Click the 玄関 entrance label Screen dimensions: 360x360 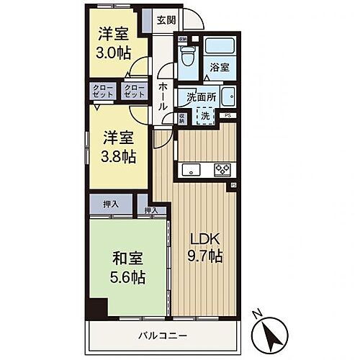tap(166, 20)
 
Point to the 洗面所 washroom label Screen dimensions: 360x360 tap(202, 97)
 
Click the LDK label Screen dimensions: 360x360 tap(202, 238)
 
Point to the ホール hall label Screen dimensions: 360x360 tap(163, 94)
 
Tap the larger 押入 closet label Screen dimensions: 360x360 tap(104, 205)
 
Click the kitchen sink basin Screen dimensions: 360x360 tap(192, 171)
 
